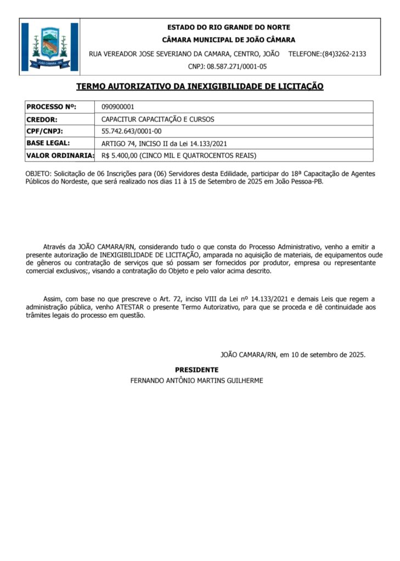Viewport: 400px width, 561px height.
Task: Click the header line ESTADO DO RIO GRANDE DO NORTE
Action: pos(229,27)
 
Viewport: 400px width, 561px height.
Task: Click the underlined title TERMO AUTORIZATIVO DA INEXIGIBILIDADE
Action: pos(200,86)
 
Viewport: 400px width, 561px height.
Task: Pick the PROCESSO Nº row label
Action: pos(52,107)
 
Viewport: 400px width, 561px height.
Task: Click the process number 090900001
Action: pos(118,107)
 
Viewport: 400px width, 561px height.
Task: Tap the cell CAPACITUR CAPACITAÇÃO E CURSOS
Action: pos(158,119)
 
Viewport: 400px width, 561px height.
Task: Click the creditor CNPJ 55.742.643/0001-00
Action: pos(132,131)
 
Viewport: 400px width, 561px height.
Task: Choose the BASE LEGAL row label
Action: pos(49,144)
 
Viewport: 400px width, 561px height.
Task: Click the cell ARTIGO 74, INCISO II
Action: pos(164,144)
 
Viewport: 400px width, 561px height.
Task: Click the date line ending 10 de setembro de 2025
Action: pos(293,354)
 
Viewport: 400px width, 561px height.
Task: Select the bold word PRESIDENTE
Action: pos(197,370)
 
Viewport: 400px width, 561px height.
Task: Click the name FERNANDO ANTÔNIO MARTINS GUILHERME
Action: pos(196,380)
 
